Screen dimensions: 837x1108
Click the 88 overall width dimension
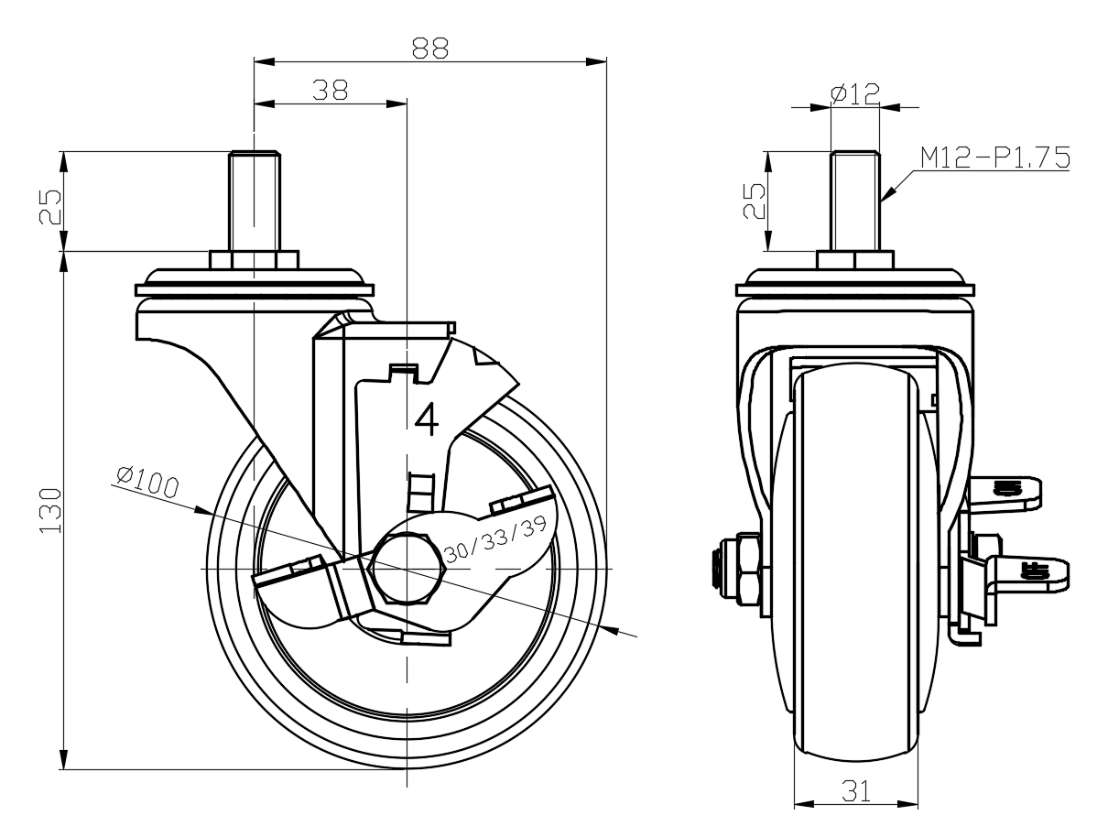[429, 49]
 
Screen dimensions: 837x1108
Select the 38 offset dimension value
[329, 90]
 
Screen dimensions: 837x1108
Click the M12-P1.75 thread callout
[994, 158]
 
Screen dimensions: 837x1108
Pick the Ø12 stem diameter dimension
[854, 93]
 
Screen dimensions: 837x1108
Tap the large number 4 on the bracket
[428, 418]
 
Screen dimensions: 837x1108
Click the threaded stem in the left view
[254, 201]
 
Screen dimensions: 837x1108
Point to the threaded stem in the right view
[855, 201]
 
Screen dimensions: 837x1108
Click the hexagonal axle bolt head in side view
[406, 569]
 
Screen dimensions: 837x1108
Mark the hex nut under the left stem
[254, 260]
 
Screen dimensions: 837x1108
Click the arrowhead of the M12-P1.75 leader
[885, 197]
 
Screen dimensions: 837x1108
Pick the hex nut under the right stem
[855, 260]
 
